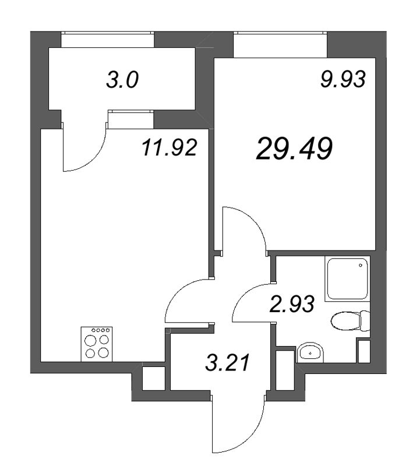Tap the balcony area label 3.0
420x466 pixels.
(x=122, y=80)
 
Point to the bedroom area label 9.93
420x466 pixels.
(x=343, y=80)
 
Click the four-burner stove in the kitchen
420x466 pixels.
(x=96, y=344)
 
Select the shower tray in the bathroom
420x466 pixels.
(x=347, y=279)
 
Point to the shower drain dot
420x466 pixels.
(x=362, y=266)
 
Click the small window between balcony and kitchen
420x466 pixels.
(x=130, y=119)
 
